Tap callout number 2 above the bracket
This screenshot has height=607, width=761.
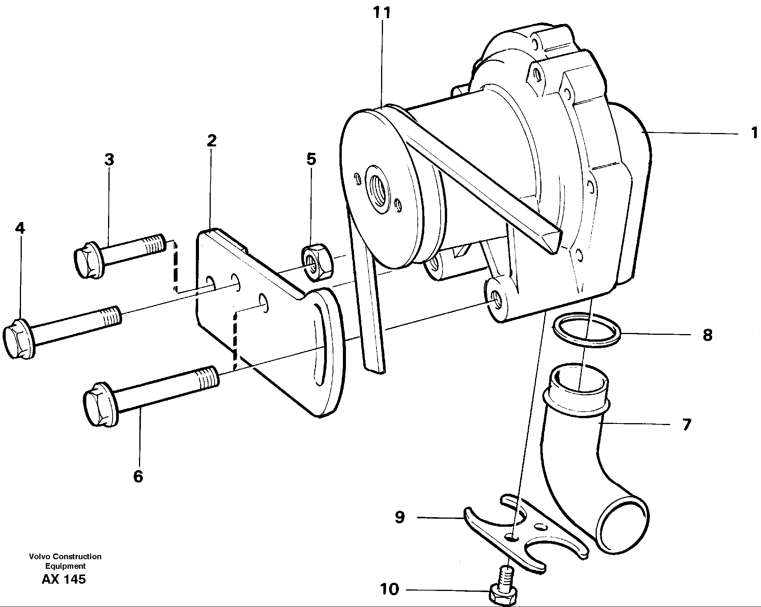(212, 141)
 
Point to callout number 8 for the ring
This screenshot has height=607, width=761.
(708, 335)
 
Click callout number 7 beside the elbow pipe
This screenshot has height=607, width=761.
(687, 425)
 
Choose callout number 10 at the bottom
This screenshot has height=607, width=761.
(389, 589)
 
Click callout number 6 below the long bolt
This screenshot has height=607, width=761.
(138, 476)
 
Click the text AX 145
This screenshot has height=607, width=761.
(64, 579)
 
